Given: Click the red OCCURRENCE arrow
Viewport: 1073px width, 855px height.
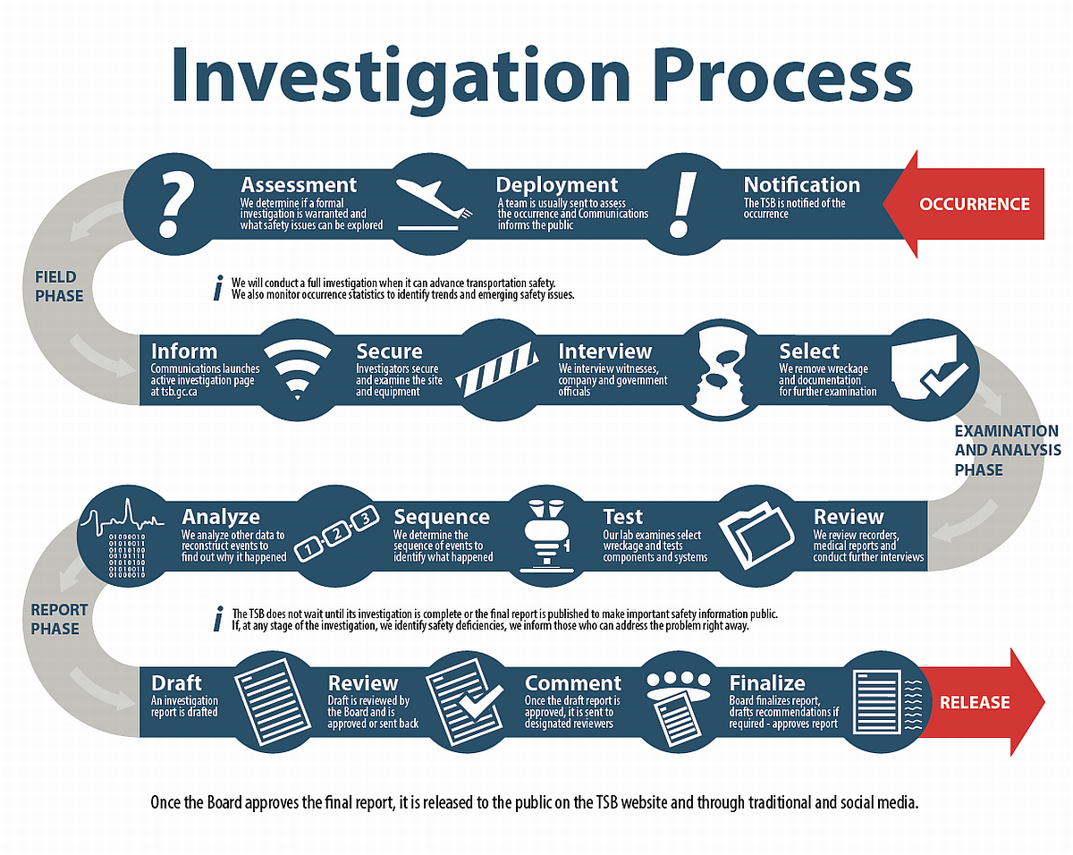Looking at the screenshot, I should [x=970, y=204].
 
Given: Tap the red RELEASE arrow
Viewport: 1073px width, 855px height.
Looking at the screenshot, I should [x=979, y=702].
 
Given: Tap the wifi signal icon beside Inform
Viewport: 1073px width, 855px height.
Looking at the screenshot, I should [x=298, y=370].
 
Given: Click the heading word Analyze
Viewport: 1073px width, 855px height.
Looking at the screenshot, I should [x=221, y=517].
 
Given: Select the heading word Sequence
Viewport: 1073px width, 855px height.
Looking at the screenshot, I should [x=442, y=517].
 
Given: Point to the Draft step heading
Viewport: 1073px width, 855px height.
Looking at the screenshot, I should [x=176, y=682].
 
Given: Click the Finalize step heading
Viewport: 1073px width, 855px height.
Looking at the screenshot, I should [x=767, y=682].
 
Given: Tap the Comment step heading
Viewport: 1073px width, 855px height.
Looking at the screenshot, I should [x=573, y=682].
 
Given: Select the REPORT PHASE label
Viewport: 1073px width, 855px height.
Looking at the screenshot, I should [x=59, y=619].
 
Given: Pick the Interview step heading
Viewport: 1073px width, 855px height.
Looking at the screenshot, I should [x=605, y=351].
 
